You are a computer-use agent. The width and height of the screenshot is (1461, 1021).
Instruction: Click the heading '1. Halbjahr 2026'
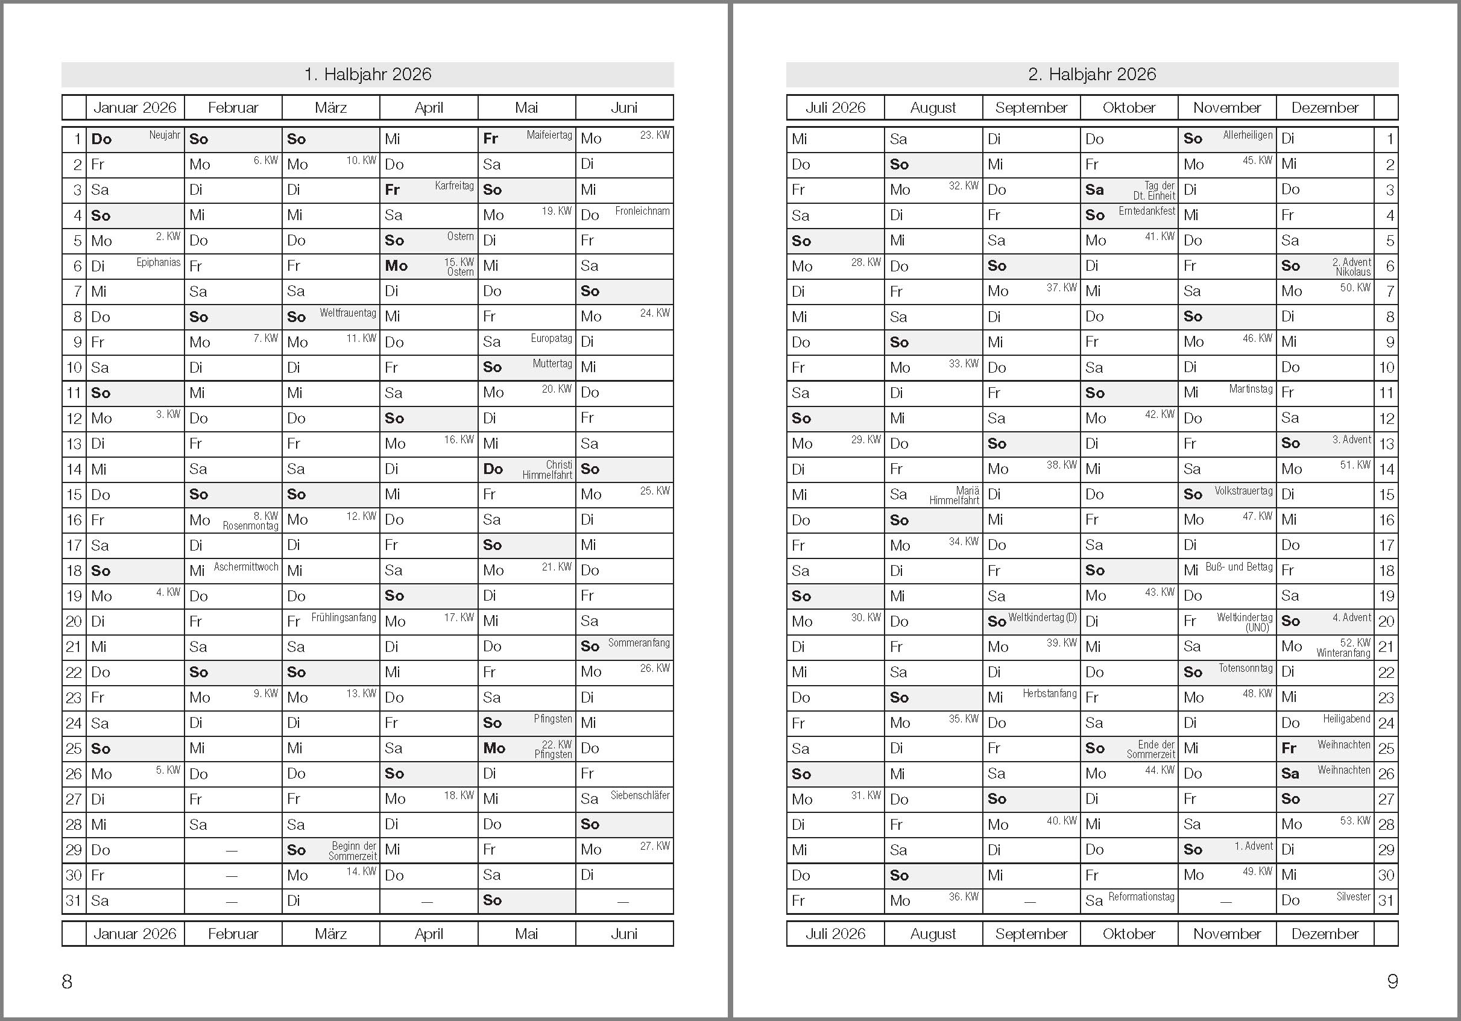click(x=367, y=74)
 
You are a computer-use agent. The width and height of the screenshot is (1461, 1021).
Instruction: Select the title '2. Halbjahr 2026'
click(x=1092, y=74)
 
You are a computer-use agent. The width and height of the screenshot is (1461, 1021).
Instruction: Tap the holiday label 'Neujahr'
click(x=165, y=135)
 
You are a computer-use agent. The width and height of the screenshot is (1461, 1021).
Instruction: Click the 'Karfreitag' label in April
click(x=454, y=186)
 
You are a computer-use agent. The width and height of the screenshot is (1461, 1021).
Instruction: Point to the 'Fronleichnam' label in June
click(x=642, y=211)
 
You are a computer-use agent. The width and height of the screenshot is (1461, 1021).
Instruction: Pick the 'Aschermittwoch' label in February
click(x=245, y=566)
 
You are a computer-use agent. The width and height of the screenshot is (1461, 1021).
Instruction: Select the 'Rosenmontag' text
click(x=250, y=526)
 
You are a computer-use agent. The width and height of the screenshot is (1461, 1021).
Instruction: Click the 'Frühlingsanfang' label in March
click(x=344, y=618)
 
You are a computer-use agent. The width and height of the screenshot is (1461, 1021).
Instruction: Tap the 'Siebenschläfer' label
click(x=640, y=795)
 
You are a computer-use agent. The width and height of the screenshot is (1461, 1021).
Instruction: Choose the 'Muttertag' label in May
click(x=552, y=364)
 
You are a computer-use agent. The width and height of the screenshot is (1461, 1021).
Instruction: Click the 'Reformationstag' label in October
click(x=1141, y=897)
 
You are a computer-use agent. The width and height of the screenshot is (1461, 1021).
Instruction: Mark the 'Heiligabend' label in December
click(x=1346, y=719)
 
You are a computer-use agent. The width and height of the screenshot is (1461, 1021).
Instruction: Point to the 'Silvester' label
click(x=1353, y=897)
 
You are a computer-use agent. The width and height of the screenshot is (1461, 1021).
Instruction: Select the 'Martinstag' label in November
click(x=1251, y=389)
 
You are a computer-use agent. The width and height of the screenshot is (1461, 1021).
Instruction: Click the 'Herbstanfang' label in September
click(x=1050, y=694)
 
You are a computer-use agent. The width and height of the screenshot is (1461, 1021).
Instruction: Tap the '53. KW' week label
click(x=1355, y=821)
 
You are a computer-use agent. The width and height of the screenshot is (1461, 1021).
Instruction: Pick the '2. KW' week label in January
click(x=168, y=237)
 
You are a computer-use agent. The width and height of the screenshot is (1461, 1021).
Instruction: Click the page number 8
click(x=67, y=982)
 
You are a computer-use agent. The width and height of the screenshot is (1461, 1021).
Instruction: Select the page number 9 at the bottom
click(x=1392, y=982)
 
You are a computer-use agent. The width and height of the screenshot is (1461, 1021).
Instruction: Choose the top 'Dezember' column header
click(x=1325, y=107)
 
